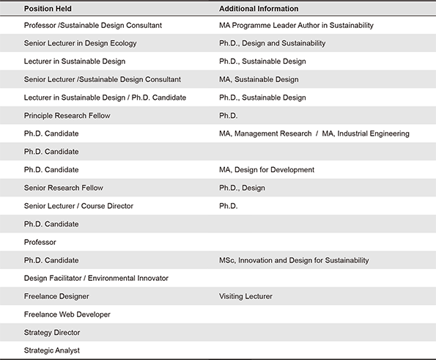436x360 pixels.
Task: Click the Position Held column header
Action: click(x=48, y=9)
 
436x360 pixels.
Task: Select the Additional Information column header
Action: click(x=259, y=9)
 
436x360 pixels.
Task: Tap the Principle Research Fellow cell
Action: click(x=67, y=116)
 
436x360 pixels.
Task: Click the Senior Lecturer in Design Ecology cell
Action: click(x=81, y=43)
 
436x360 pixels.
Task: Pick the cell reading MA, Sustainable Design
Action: click(x=259, y=80)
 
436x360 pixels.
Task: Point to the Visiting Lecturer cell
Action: click(x=245, y=296)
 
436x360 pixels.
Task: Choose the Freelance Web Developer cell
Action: click(x=67, y=315)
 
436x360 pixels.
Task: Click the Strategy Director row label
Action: click(x=52, y=333)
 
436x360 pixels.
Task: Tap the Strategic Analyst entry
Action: click(x=52, y=350)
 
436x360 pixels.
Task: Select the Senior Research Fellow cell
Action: click(x=64, y=188)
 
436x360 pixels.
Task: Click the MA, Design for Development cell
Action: click(x=267, y=169)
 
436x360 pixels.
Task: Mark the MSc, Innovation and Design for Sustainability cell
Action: click(x=294, y=260)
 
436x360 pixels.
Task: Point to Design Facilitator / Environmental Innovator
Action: click(x=96, y=278)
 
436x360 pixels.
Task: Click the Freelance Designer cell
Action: click(x=56, y=296)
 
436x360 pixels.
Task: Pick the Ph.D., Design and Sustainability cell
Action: click(x=272, y=43)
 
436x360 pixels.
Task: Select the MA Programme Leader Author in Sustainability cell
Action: click(x=296, y=26)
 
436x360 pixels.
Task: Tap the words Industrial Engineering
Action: click(x=373, y=134)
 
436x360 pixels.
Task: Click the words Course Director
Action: click(x=107, y=206)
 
